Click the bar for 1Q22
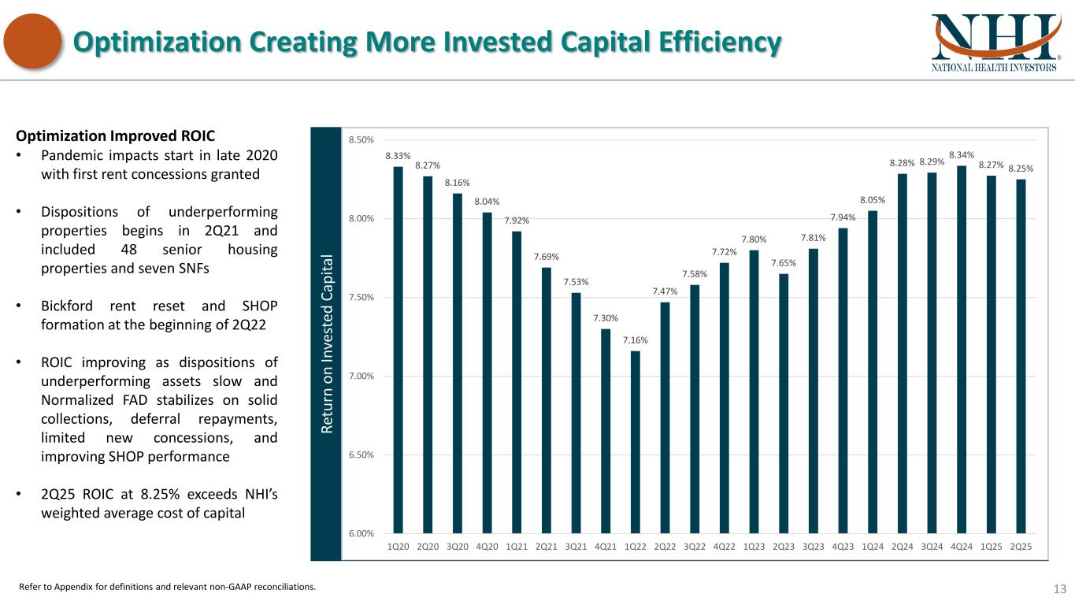pos(635,442)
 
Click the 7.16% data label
pos(635,340)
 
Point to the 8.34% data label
pos(962,154)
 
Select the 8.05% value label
pos(873,200)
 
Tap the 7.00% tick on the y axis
pos(361,376)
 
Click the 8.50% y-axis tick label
pos(361,140)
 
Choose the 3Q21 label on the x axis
pos(576,546)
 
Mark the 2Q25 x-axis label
pos(1021,546)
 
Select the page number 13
pos(1059,588)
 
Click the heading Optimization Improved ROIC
pos(116,135)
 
